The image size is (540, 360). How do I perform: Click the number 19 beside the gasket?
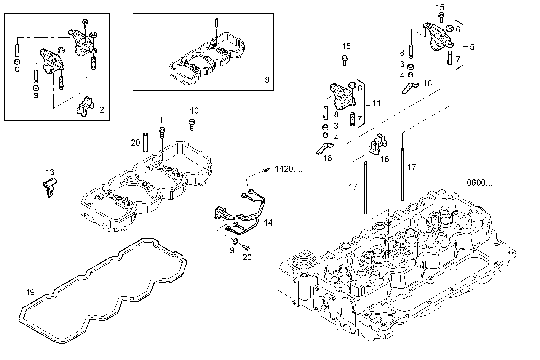(x=30, y=292)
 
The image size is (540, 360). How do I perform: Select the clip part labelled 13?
(x=49, y=187)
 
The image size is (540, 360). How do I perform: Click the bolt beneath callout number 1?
(x=162, y=131)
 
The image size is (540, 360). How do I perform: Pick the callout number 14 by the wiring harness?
(x=268, y=222)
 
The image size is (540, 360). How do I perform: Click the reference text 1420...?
(x=288, y=169)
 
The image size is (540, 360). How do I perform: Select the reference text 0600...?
(x=481, y=183)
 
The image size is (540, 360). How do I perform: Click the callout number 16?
(x=385, y=158)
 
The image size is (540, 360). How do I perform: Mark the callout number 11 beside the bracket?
(x=376, y=103)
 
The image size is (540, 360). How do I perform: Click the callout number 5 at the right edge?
(x=472, y=47)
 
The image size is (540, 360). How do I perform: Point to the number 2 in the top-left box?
(x=101, y=110)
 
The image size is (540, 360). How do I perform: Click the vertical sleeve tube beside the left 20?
(x=145, y=142)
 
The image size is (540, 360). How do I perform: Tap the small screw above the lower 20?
(x=246, y=248)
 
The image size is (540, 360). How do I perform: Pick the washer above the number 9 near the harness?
(x=235, y=241)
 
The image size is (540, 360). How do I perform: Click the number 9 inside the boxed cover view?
(x=267, y=80)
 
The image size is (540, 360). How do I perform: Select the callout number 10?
(x=194, y=110)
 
